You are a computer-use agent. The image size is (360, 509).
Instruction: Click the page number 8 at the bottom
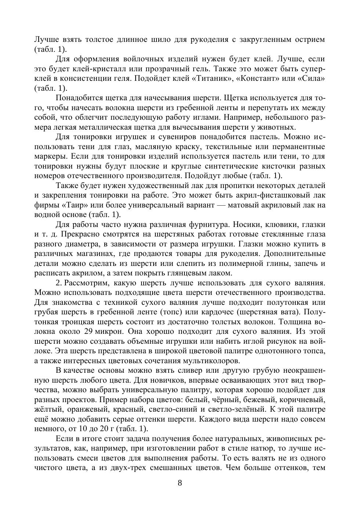pyautogui.click(x=180, y=483)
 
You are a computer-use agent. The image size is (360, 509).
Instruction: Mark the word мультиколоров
pyautogui.click(x=206, y=361)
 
